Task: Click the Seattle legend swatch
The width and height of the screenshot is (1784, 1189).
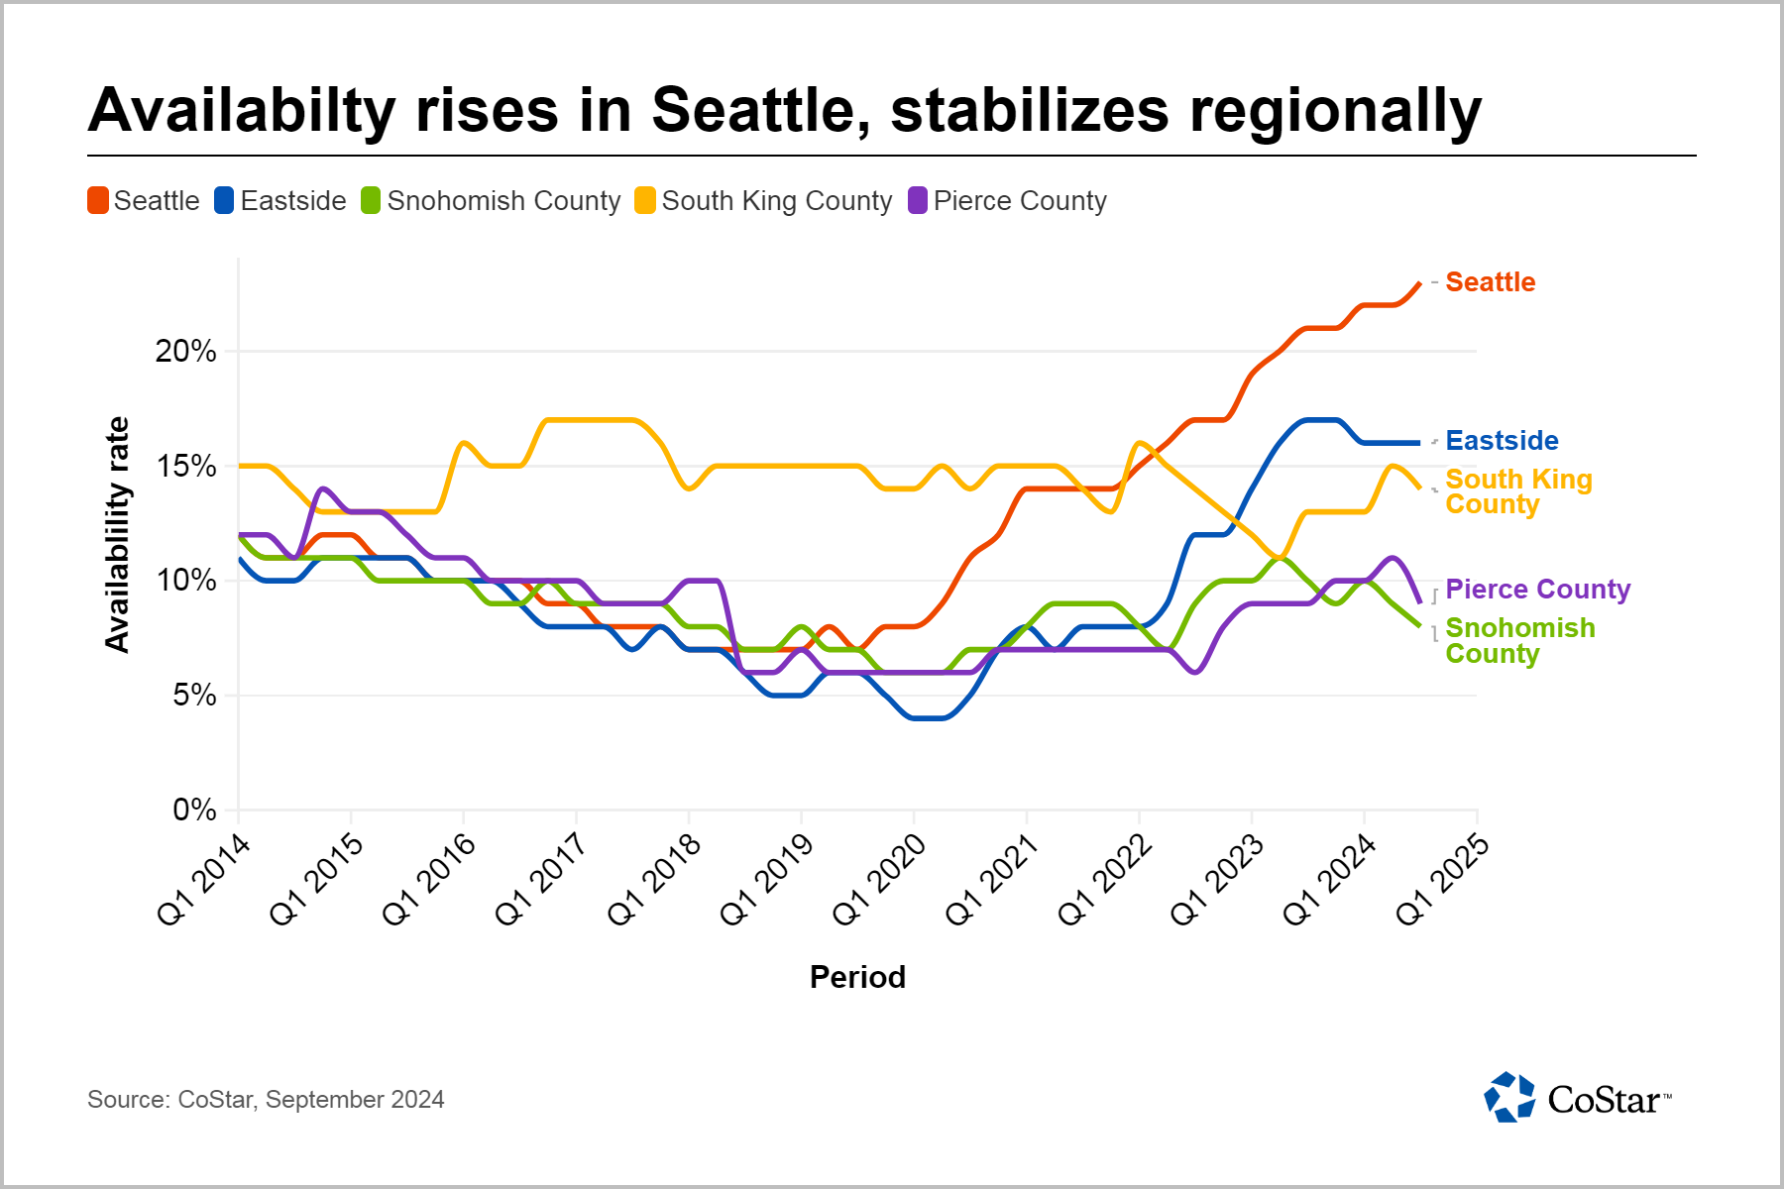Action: tap(98, 201)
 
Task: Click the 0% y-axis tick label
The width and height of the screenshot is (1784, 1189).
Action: tap(194, 811)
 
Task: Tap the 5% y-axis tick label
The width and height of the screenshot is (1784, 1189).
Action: tap(194, 696)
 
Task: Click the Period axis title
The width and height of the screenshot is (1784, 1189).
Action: tap(857, 978)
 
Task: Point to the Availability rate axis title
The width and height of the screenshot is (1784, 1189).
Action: tap(118, 535)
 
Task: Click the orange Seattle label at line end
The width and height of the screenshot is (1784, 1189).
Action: tap(1490, 282)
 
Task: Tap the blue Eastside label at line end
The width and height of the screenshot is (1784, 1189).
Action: tap(1502, 441)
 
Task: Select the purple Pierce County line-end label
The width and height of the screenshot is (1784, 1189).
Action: tap(1537, 590)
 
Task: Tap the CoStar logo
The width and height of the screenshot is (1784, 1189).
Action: tap(1577, 1098)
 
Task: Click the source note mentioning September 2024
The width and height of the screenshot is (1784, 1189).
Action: tap(266, 1100)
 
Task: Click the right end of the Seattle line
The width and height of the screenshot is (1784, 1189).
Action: tap(1419, 283)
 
